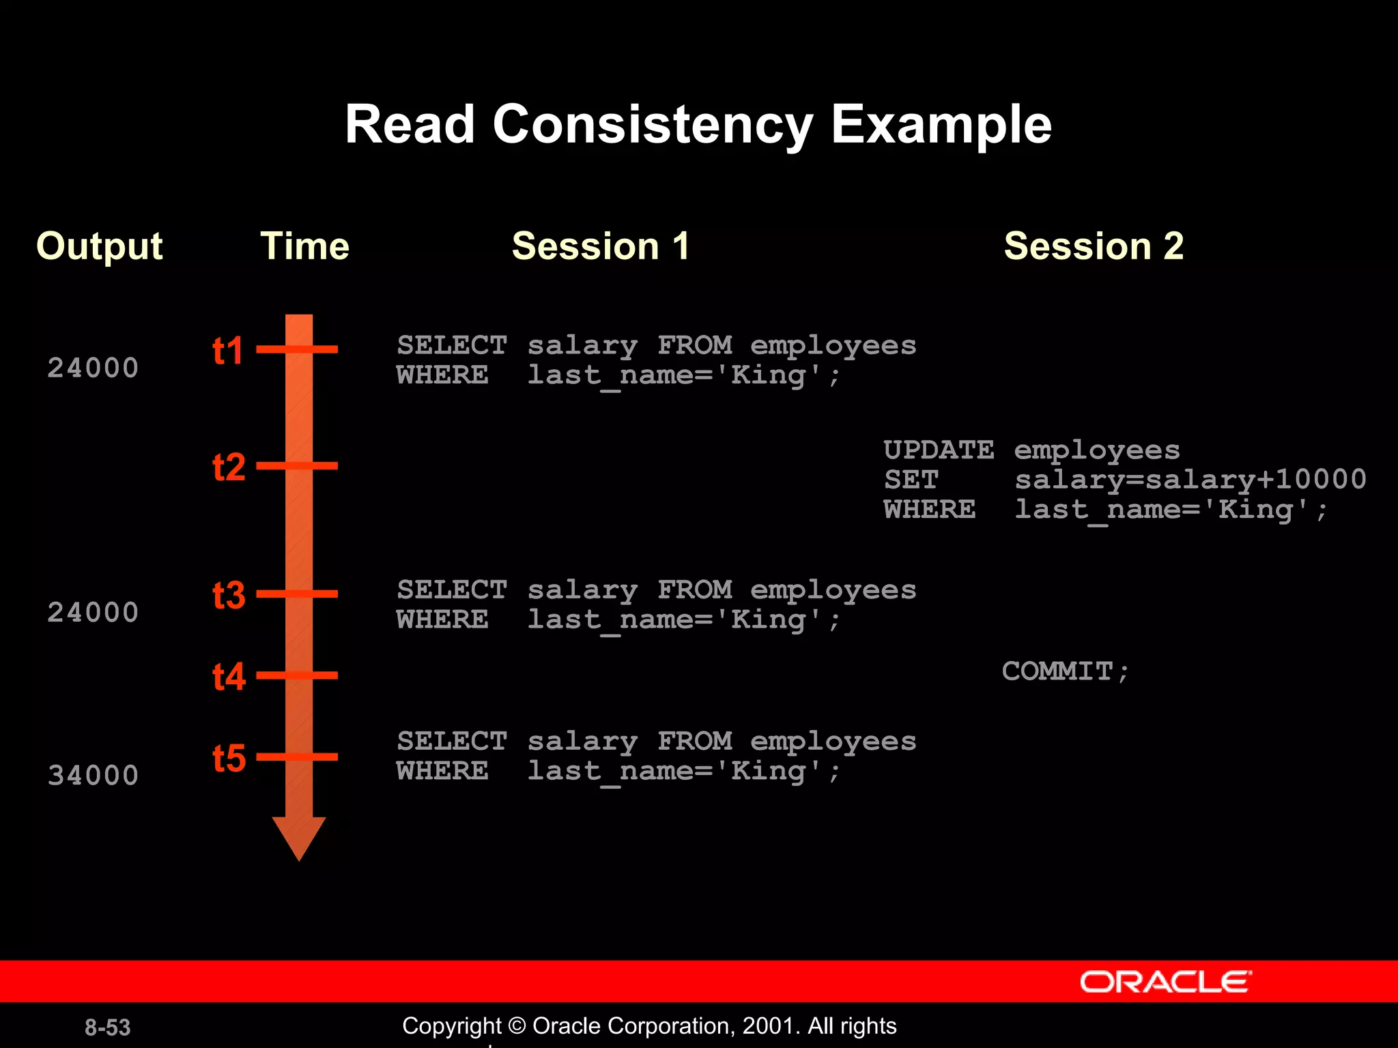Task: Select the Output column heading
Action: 100,247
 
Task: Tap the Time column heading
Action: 304,246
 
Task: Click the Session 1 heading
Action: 601,246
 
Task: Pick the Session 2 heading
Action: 1094,246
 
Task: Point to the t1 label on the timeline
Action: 228,351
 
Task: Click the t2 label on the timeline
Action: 229,468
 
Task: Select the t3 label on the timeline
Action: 229,596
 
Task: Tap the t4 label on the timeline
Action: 229,677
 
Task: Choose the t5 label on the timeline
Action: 229,759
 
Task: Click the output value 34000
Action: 93,776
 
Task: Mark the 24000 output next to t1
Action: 93,368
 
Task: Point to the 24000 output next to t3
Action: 93,613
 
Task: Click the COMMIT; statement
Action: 1065,672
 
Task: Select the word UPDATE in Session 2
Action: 939,450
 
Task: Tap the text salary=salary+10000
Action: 1190,480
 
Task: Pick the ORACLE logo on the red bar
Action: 1165,982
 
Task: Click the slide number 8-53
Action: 107,1028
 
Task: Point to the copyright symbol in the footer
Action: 517,1026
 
